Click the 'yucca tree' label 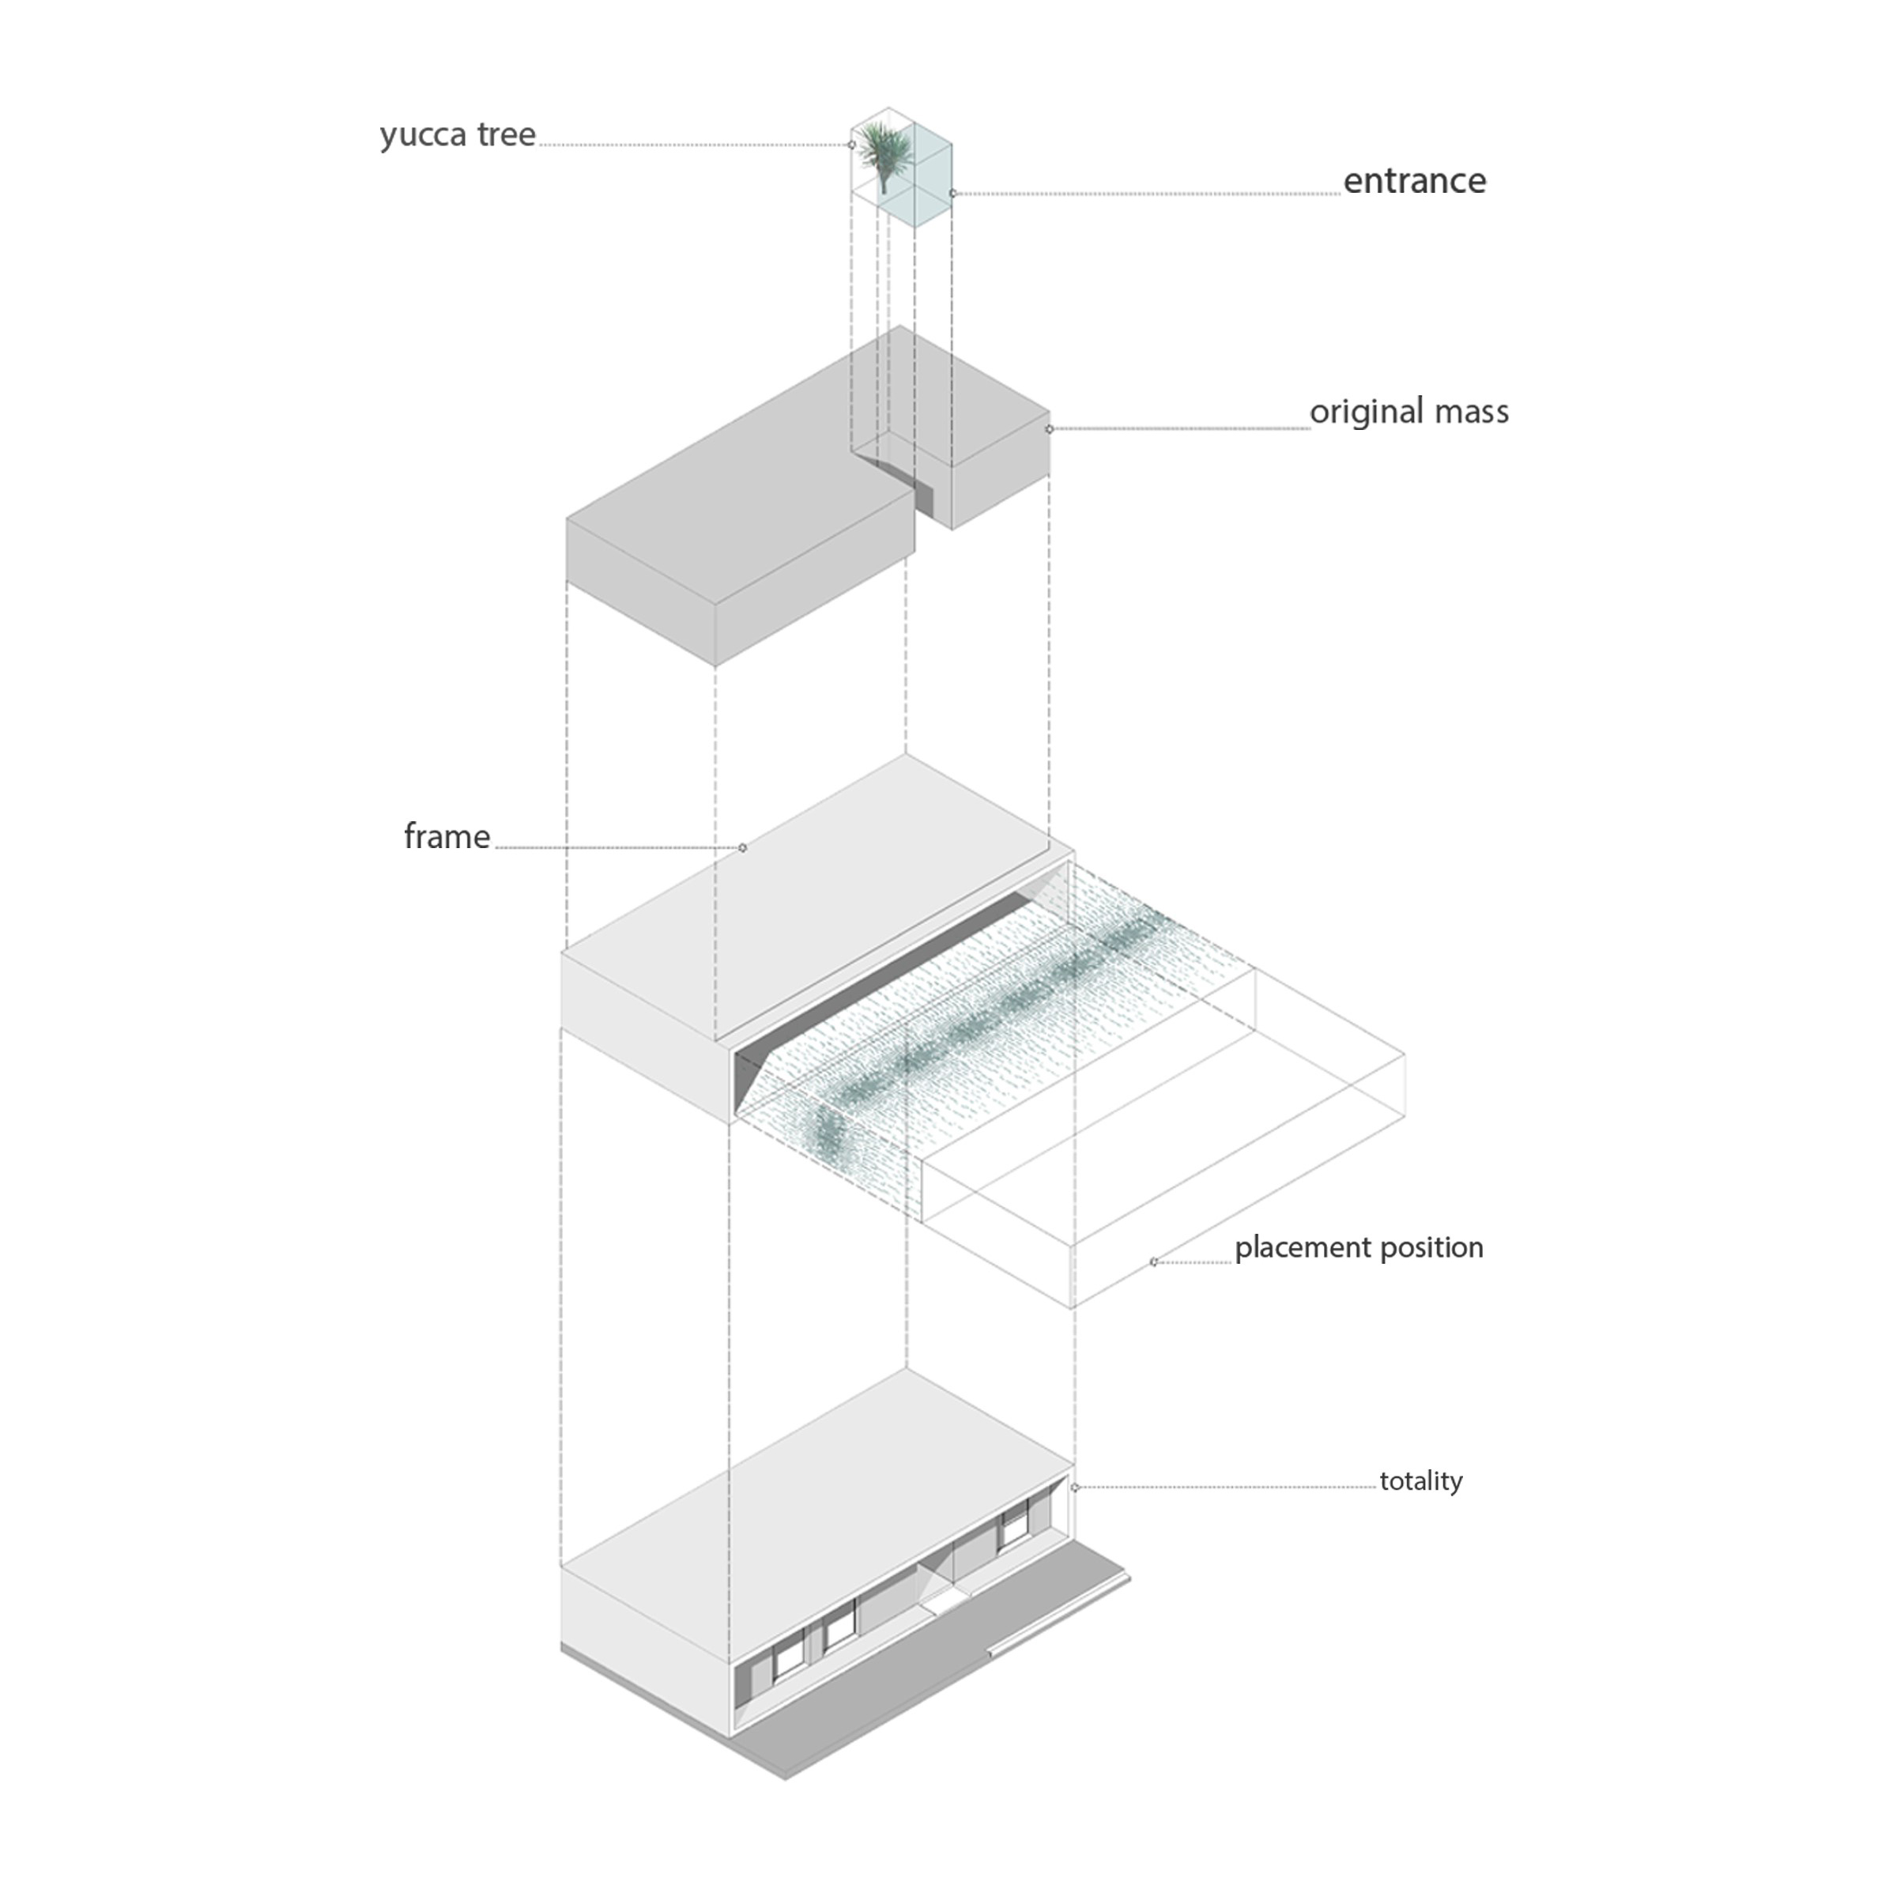click(x=458, y=135)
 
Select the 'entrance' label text click(x=1414, y=181)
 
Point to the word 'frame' click(x=447, y=837)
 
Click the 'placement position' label click(x=1358, y=1247)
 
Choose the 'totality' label click(x=1420, y=1480)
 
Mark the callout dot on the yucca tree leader click(x=851, y=145)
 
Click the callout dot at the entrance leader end click(x=952, y=194)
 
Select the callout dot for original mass click(x=1050, y=429)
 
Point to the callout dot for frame click(x=743, y=847)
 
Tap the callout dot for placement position click(x=1153, y=1262)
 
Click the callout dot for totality click(x=1075, y=1488)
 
